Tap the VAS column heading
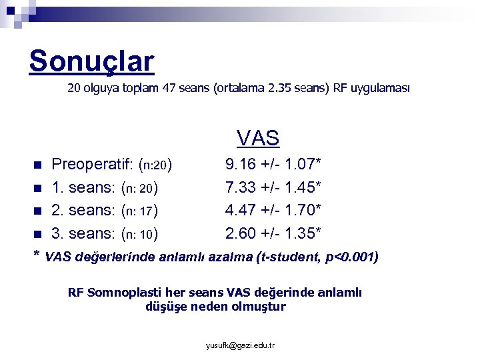(257, 138)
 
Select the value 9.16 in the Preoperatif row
(239, 163)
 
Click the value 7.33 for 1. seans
(239, 187)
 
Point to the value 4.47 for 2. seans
(239, 211)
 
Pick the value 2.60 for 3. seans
(239, 234)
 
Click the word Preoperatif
(92, 164)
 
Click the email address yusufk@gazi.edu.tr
(241, 345)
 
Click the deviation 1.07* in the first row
(301, 163)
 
